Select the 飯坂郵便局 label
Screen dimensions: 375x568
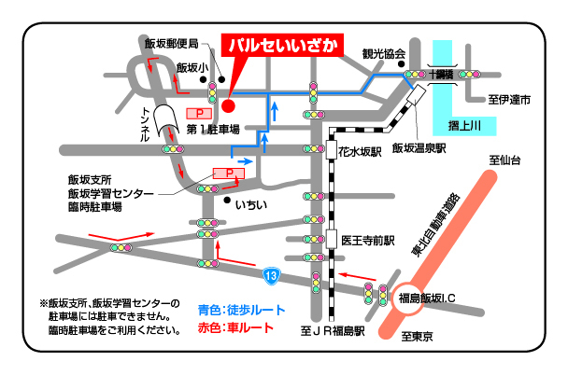[x=172, y=44]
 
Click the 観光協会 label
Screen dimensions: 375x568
[x=384, y=53]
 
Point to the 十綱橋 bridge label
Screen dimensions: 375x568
[x=441, y=73]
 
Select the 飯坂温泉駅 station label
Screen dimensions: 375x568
[x=420, y=147]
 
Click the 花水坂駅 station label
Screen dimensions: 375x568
[x=362, y=149]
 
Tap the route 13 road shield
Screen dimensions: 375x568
[x=270, y=274]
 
